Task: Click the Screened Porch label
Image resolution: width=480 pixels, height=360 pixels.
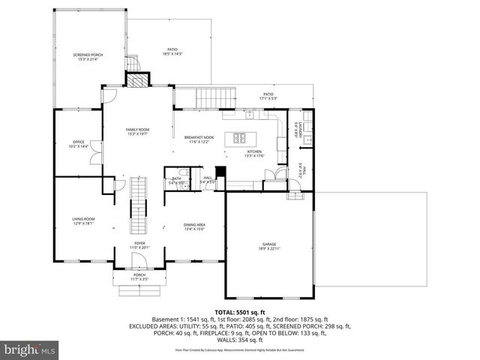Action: tap(88, 57)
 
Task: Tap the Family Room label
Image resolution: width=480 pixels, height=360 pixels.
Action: tap(138, 132)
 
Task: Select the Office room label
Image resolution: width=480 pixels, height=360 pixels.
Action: tap(78, 144)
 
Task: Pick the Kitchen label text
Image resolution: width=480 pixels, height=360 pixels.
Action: tap(256, 154)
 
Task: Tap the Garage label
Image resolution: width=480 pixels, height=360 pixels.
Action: tap(269, 246)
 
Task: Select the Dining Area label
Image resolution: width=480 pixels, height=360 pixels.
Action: tap(195, 226)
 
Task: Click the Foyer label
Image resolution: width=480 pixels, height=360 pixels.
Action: tap(140, 245)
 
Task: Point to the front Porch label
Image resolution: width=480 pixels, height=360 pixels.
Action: tap(140, 277)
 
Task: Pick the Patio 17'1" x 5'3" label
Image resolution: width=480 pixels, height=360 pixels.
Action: tap(268, 96)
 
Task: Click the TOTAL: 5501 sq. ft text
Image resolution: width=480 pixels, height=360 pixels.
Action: tap(239, 310)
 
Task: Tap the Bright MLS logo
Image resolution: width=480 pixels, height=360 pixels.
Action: tap(29, 349)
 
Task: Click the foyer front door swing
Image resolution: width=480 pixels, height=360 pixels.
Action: tap(140, 260)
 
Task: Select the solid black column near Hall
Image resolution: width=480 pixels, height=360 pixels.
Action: tap(220, 170)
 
